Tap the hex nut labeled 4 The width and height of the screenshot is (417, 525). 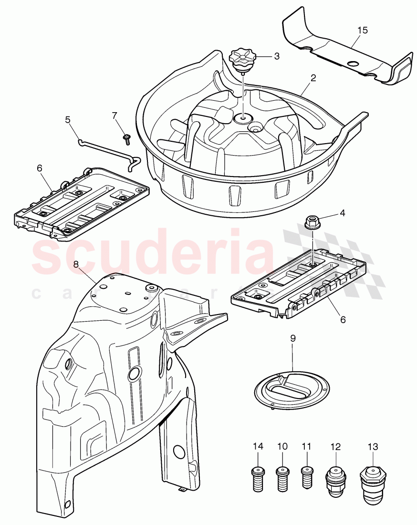(312, 222)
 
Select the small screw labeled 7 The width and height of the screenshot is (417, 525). (127, 139)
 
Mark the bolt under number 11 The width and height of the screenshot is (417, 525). (306, 477)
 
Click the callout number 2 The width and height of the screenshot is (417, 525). (313, 79)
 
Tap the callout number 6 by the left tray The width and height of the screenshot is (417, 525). (39, 168)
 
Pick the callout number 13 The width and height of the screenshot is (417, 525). (373, 447)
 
